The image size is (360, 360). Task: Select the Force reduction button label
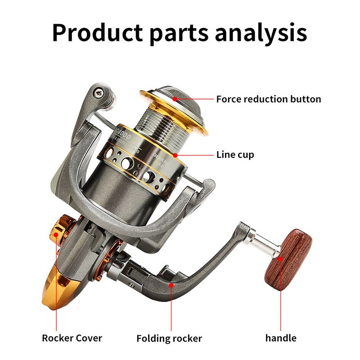click(x=269, y=99)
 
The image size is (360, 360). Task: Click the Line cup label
click(x=235, y=155)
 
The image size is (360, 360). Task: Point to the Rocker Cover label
click(x=72, y=338)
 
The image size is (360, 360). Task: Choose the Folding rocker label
click(x=169, y=338)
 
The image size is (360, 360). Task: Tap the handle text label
click(x=281, y=338)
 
